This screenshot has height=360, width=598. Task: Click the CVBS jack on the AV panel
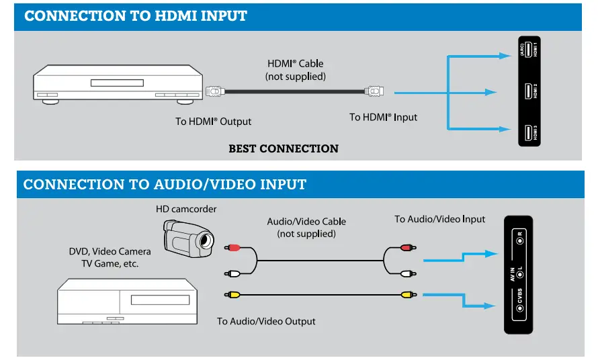(x=519, y=308)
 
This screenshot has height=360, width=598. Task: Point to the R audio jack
(x=519, y=237)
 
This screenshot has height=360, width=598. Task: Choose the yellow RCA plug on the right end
(x=406, y=294)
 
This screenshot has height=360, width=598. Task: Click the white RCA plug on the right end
(x=406, y=273)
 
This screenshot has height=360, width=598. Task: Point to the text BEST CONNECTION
(x=284, y=148)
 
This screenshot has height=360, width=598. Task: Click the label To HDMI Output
(x=213, y=122)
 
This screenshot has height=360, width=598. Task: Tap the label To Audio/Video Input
(x=439, y=219)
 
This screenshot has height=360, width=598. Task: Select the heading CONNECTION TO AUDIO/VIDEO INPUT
(x=165, y=184)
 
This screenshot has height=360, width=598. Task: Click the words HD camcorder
(x=186, y=209)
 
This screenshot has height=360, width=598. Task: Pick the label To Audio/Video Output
(x=266, y=321)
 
